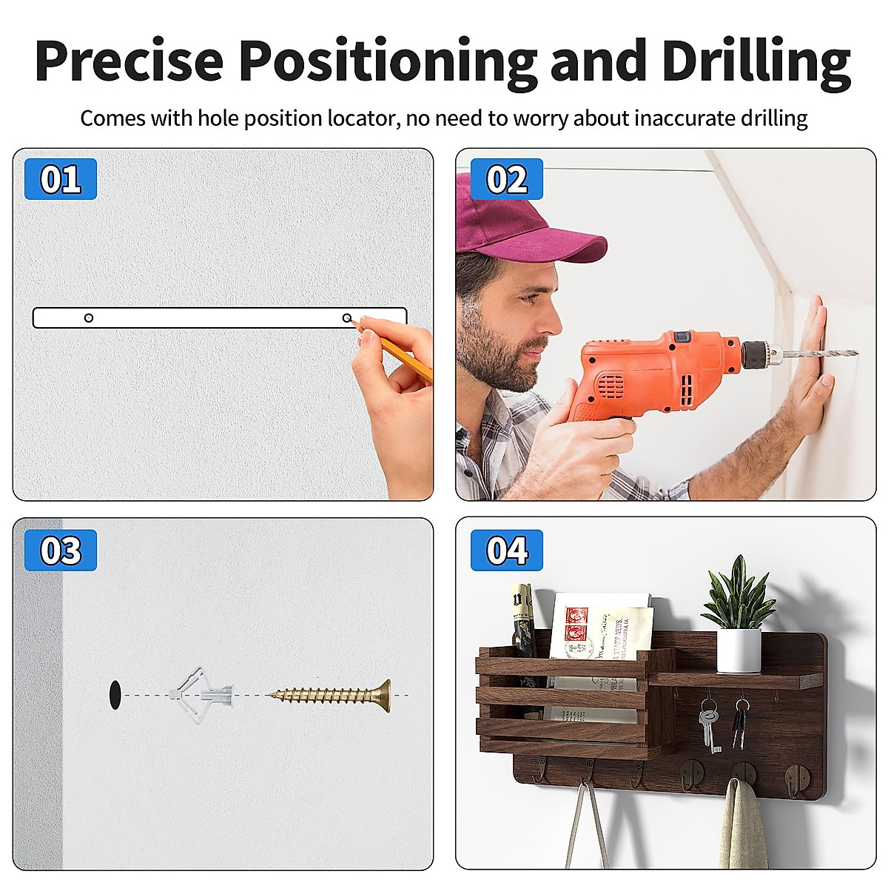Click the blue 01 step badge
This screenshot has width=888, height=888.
point(61,179)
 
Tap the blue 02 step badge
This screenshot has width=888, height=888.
point(507,179)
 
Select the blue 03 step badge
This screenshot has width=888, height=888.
point(61,550)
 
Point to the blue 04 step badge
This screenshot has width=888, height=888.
point(507,550)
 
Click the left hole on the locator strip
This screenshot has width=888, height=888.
point(89,318)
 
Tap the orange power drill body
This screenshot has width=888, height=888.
point(651,370)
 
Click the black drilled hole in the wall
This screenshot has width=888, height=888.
point(114,694)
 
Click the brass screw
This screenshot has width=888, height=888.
point(333,695)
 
